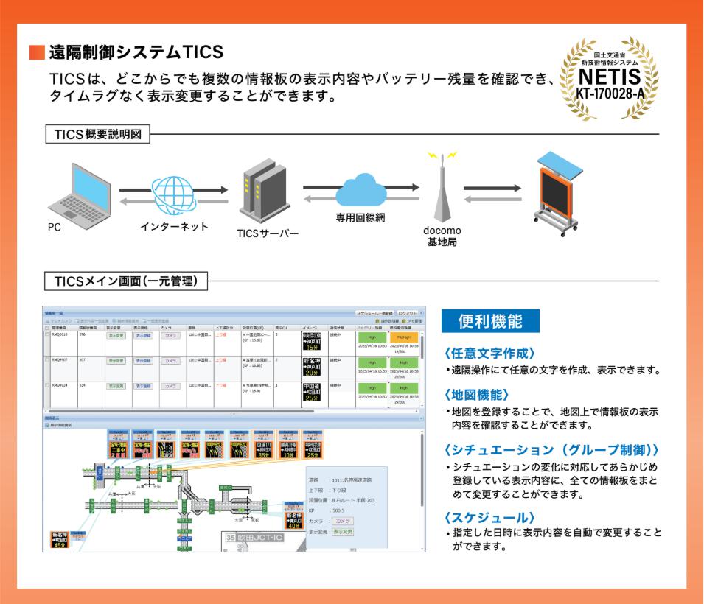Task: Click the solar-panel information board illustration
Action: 557,190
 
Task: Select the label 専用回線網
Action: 360,218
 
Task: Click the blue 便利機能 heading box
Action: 490,321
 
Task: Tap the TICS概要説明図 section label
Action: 98,135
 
